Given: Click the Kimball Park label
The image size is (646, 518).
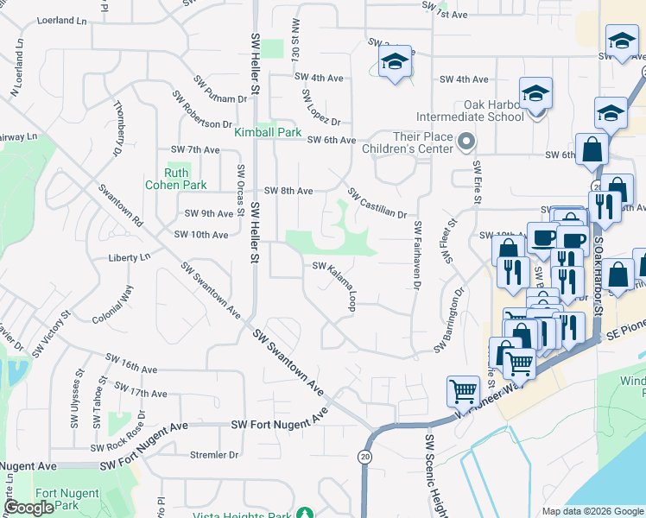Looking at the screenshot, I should pos(268,133).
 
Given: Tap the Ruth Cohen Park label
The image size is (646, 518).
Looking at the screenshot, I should pos(187,179).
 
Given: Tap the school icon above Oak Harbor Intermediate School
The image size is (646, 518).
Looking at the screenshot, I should pos(535,92).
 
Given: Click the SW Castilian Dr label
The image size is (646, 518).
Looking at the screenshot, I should pos(377,202).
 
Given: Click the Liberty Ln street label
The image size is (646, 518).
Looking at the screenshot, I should pos(129,257).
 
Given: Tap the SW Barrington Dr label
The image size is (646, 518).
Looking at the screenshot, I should pos(450,320).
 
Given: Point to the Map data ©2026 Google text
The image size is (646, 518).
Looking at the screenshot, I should pos(592,511).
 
